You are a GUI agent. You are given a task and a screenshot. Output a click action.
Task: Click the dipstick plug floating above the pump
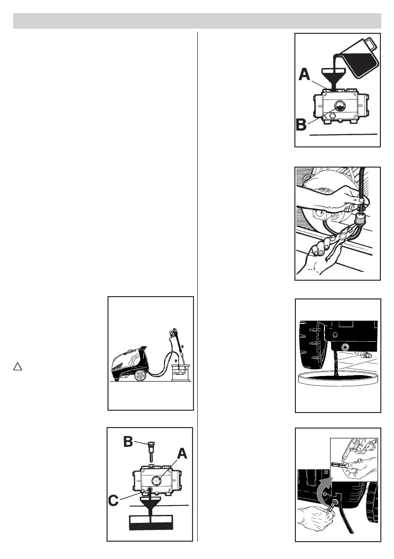pyautogui.click(x=150, y=448)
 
